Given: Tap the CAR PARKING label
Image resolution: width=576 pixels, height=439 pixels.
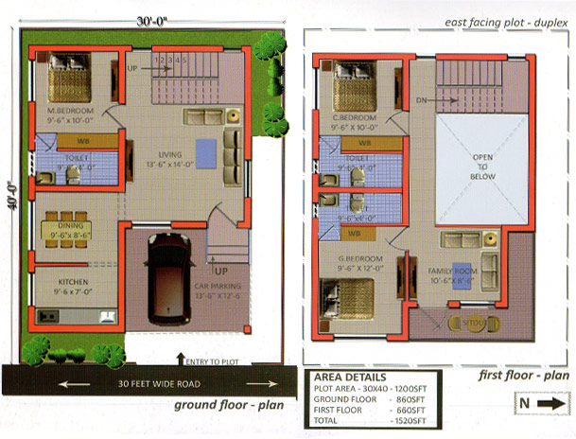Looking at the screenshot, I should [218, 285].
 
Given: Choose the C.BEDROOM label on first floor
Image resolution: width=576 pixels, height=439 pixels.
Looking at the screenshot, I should [355, 118].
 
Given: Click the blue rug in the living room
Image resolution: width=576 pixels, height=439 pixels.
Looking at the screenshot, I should [205, 151].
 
